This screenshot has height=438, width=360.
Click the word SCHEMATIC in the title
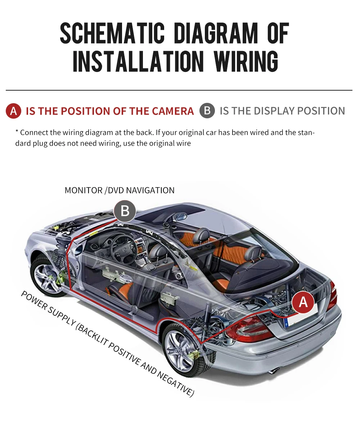pyautogui.click(x=112, y=33)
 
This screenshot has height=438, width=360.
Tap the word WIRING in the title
pyautogui.click(x=246, y=61)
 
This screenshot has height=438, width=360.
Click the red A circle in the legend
pyautogui.click(x=14, y=111)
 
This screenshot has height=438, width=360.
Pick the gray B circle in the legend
pyautogui.click(x=207, y=110)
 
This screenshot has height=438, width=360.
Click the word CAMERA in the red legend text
pyautogui.click(x=173, y=111)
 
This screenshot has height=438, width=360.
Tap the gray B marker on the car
pyautogui.click(x=125, y=211)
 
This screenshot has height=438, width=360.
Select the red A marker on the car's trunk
pyautogui.click(x=303, y=302)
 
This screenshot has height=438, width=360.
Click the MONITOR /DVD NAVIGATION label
pyautogui.click(x=120, y=190)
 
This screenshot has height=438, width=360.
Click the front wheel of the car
pyautogui.click(x=48, y=275)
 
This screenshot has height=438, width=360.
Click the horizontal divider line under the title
pyautogui.click(x=179, y=90)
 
